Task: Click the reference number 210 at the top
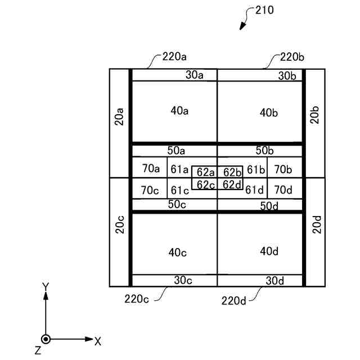(x=264, y=10)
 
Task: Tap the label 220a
(x=175, y=57)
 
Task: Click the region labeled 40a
(x=179, y=111)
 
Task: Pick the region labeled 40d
(x=269, y=251)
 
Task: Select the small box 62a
(x=205, y=172)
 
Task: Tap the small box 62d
(x=232, y=184)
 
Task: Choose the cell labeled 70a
(x=150, y=168)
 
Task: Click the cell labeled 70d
(x=283, y=190)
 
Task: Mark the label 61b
(x=255, y=169)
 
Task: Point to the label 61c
(x=180, y=190)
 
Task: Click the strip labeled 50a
(x=176, y=151)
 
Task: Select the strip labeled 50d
(x=269, y=206)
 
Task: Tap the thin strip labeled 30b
(x=287, y=76)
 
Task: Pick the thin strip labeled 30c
(x=183, y=280)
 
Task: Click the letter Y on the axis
(x=46, y=287)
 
